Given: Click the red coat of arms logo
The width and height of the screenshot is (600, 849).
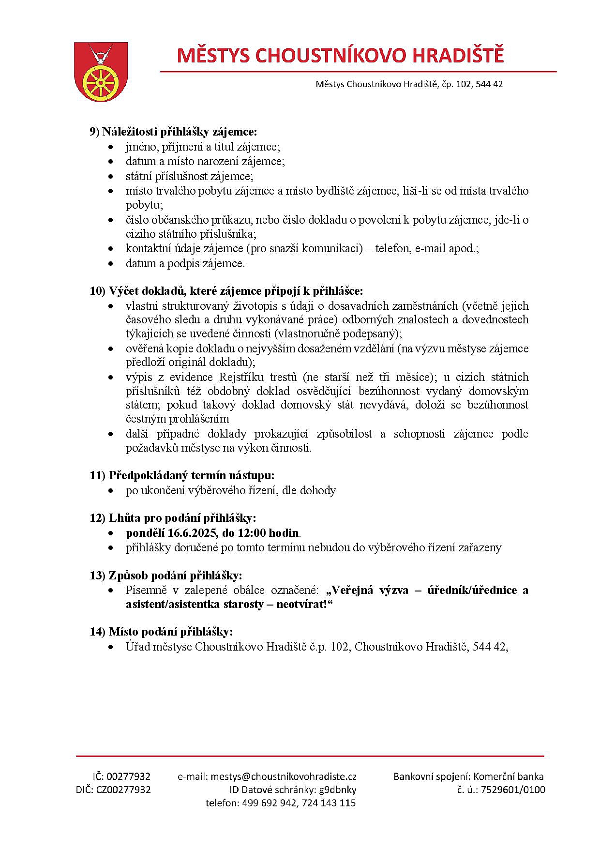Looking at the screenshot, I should [101, 71].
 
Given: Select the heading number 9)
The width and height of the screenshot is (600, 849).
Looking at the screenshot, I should [95, 132].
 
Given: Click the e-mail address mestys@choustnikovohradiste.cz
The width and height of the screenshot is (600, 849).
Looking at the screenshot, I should [283, 776].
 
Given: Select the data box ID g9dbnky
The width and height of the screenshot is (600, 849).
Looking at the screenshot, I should [337, 789].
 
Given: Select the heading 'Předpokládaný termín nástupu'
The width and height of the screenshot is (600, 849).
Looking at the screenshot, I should [192, 475].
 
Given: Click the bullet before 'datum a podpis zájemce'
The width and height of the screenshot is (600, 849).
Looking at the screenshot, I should [112, 264].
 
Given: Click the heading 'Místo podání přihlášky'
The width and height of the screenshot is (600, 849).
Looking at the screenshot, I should [171, 632].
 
